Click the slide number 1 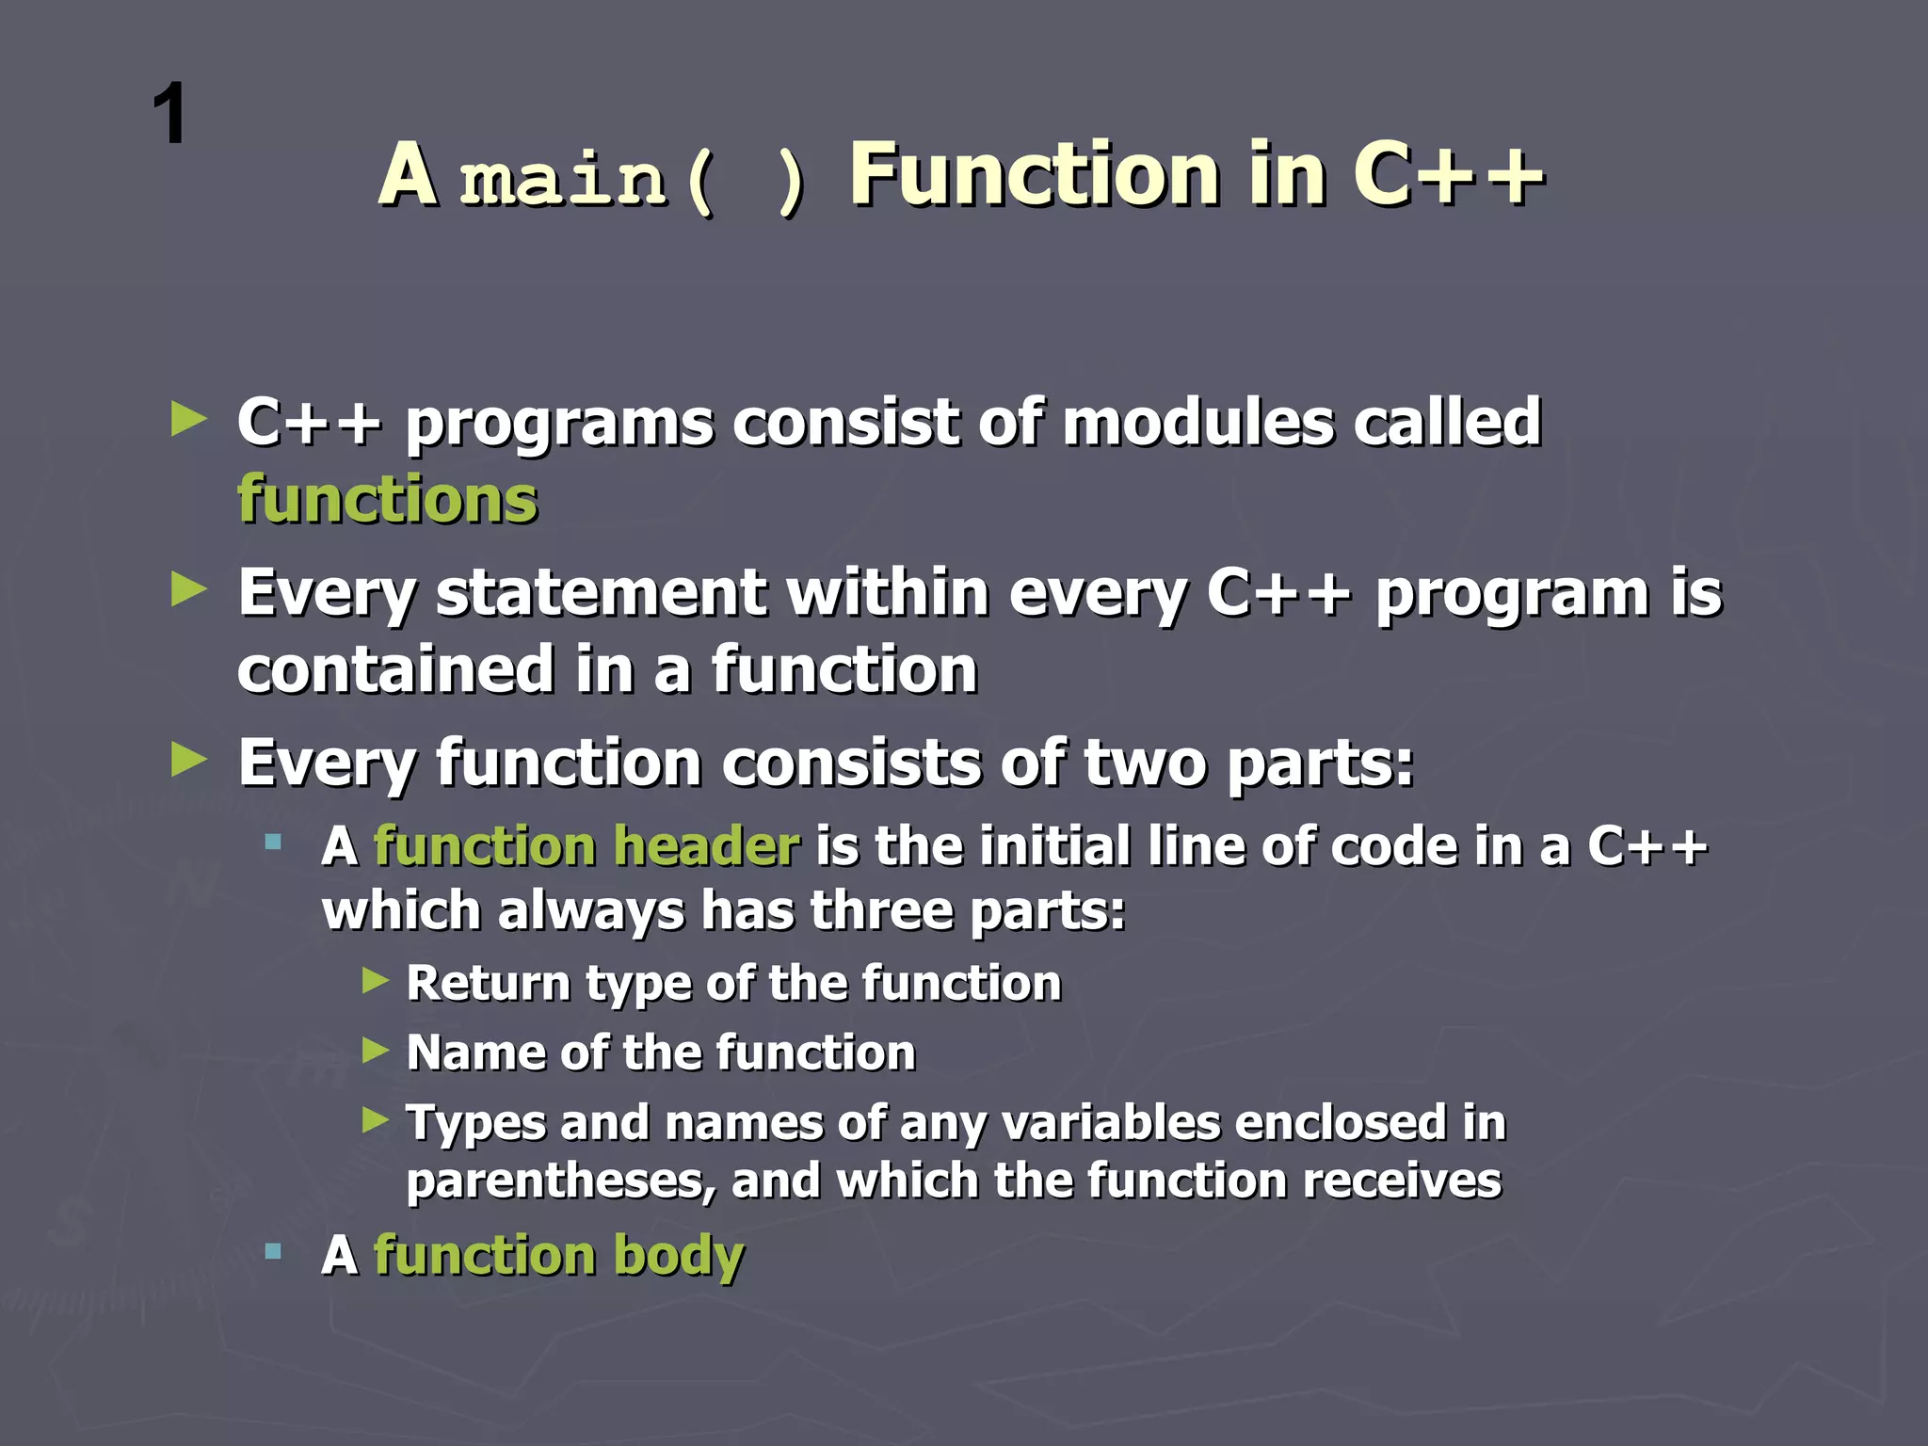coord(170,115)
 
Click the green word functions coord(387,499)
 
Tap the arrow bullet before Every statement coord(189,590)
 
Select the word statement coord(601,593)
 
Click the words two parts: coord(1248,763)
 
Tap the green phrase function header coord(586,845)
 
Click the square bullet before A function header coord(273,842)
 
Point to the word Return coord(489,983)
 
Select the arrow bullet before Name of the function coord(376,1050)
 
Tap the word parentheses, coord(561,1181)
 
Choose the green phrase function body coord(558,1256)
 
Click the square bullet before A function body coord(273,1251)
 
